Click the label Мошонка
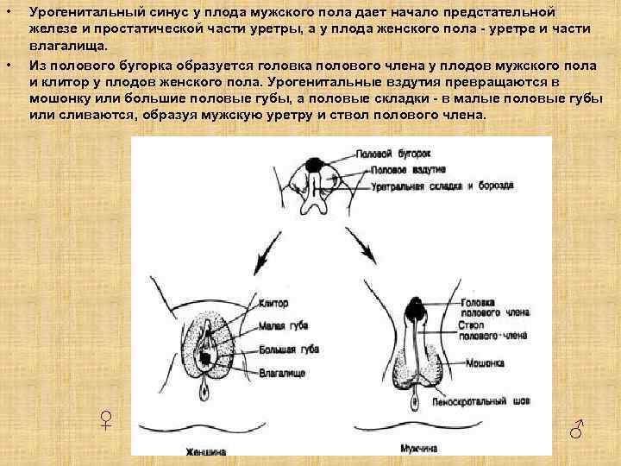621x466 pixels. tap(486, 363)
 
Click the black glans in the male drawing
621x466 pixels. tap(416, 308)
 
